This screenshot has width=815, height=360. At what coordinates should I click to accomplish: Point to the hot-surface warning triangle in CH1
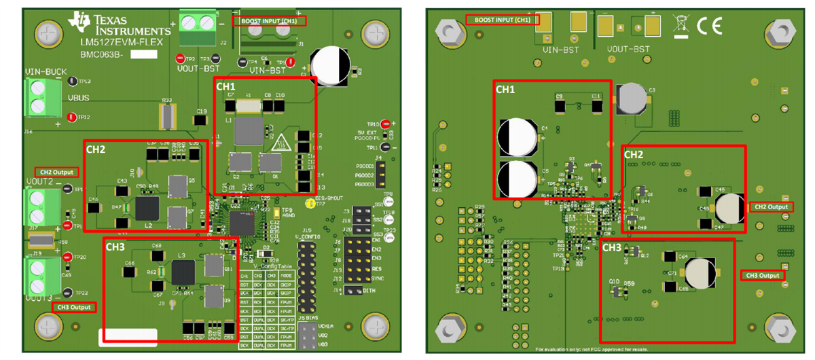pos(279,143)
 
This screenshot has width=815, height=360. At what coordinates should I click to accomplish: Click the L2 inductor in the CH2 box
pos(148,208)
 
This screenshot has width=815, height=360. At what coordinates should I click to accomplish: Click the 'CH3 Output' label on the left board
pos(74,307)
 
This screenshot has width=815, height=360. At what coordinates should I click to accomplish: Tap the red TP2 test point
pos(181,59)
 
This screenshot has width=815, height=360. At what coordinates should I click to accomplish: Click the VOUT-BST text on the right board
pos(626,50)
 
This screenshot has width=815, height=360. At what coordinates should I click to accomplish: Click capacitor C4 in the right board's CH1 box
pos(518,136)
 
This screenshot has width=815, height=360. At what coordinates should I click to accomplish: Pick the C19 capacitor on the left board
pos(200,120)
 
